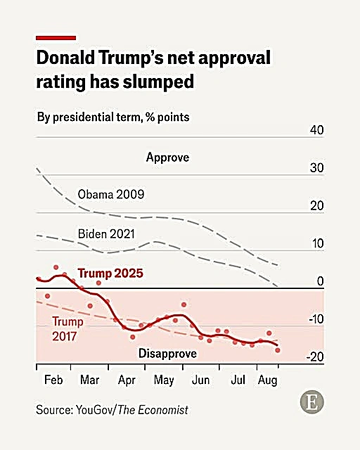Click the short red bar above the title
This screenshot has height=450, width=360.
56,37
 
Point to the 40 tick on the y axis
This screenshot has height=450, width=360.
316,131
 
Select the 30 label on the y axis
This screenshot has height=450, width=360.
316,169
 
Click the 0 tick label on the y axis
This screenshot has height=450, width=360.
319,282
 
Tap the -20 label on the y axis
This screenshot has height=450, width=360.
314,357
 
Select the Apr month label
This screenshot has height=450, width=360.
127,380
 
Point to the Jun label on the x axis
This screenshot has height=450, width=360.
201,380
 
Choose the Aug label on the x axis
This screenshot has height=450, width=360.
267,380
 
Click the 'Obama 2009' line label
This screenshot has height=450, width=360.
112,194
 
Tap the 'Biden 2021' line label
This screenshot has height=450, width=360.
106,233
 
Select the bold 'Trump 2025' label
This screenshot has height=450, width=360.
110,273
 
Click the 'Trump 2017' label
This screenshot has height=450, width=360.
67,328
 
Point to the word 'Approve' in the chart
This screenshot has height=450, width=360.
167,157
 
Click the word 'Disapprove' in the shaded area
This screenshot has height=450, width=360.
167,353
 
